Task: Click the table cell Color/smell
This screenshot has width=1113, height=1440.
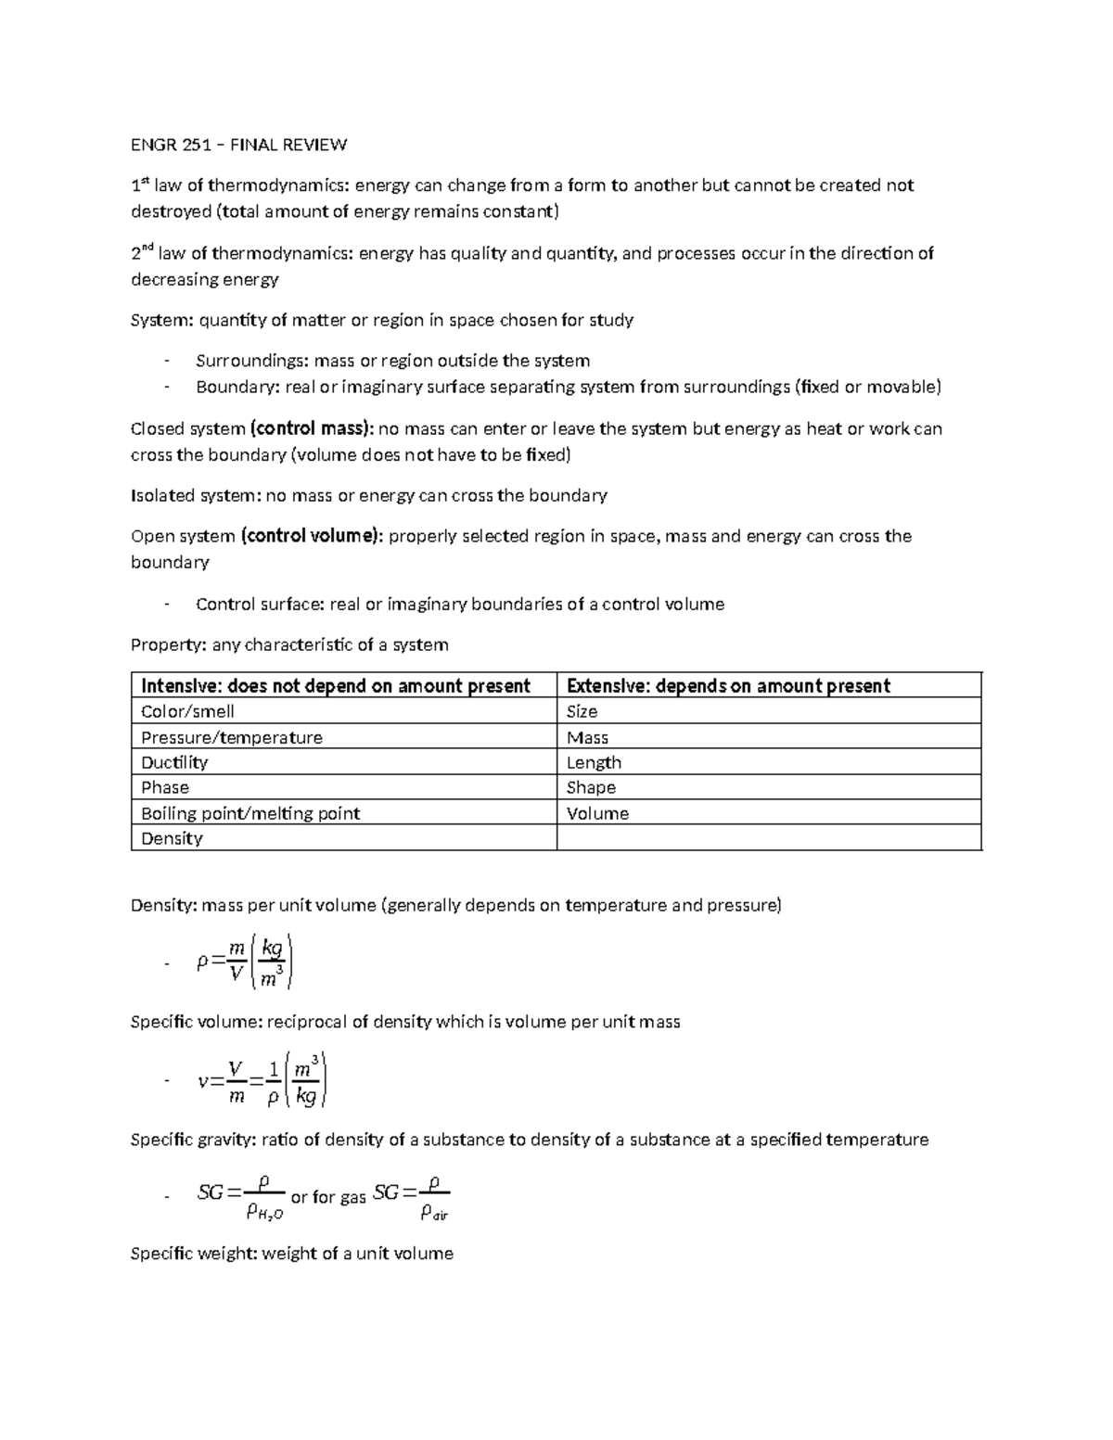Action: click(x=187, y=711)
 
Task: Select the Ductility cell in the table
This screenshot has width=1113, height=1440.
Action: click(x=174, y=762)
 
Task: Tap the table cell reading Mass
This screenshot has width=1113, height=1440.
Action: click(x=587, y=737)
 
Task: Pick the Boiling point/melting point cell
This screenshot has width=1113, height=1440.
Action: click(x=250, y=813)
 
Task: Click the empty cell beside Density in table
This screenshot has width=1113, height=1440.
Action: click(x=768, y=838)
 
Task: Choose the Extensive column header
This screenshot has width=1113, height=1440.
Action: click(x=728, y=685)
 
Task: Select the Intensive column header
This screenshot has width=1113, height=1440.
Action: click(x=335, y=685)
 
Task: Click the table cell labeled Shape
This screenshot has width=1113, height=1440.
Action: click(x=591, y=787)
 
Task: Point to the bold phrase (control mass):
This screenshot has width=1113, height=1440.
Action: click(x=312, y=428)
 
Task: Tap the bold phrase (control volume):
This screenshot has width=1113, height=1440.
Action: click(x=312, y=536)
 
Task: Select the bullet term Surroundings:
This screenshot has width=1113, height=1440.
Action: click(x=252, y=361)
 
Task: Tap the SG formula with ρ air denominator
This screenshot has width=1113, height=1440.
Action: click(x=411, y=1197)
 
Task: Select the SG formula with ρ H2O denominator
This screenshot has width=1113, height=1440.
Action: click(x=240, y=1197)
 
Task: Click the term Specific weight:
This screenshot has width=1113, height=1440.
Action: click(x=194, y=1254)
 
